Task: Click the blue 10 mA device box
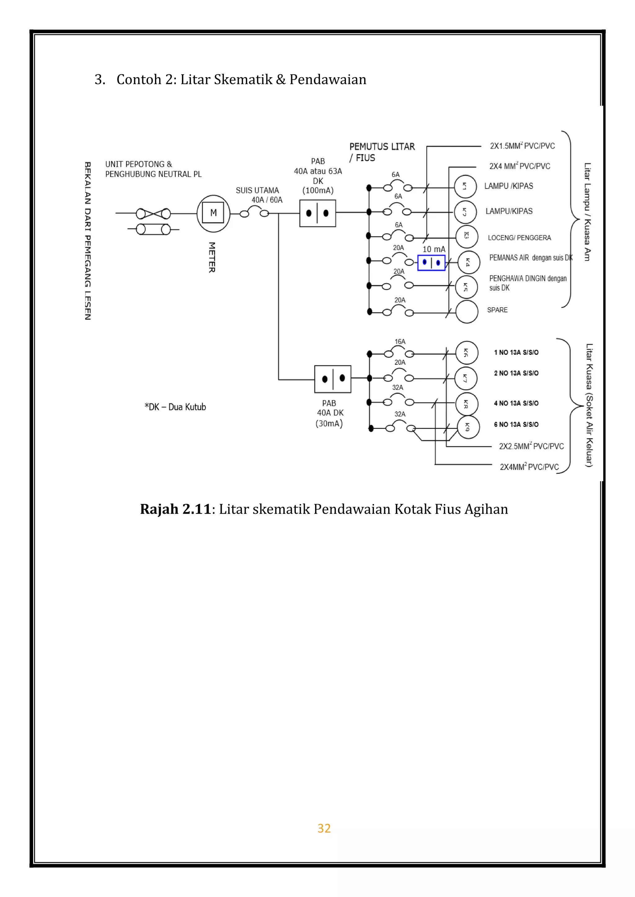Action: pyautogui.click(x=431, y=262)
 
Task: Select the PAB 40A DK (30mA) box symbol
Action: pyautogui.click(x=332, y=379)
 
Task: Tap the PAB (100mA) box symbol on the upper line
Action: pyautogui.click(x=317, y=213)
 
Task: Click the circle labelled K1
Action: pyautogui.click(x=465, y=187)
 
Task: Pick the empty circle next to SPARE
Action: pyautogui.click(x=467, y=312)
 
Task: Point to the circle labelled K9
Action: pyautogui.click(x=468, y=427)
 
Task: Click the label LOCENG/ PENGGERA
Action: pyautogui.click(x=519, y=238)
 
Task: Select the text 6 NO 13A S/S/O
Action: pyautogui.click(x=516, y=424)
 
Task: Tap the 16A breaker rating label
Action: pyautogui.click(x=400, y=341)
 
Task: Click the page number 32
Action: pyautogui.click(x=324, y=828)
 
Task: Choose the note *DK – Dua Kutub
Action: pyautogui.click(x=175, y=407)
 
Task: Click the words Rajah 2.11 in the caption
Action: pyautogui.click(x=175, y=509)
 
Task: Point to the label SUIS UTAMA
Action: pyautogui.click(x=257, y=190)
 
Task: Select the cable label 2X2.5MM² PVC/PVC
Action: pyautogui.click(x=531, y=446)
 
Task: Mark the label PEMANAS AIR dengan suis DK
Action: pyautogui.click(x=531, y=258)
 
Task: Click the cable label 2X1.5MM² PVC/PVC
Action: pyautogui.click(x=522, y=146)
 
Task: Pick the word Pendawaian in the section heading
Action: pyautogui.click(x=328, y=79)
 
